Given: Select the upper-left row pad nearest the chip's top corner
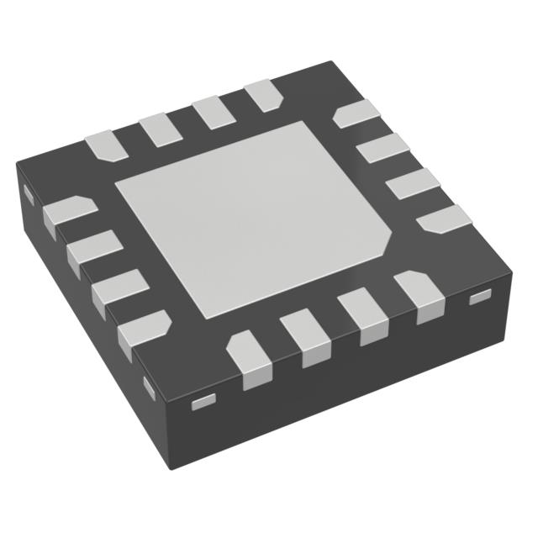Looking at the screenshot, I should [263, 95].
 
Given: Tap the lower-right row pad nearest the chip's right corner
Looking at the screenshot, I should [420, 297].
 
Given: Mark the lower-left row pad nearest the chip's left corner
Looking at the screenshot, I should [67, 211].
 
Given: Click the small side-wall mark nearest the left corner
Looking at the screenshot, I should [26, 195].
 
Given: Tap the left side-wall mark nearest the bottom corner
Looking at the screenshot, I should [150, 388].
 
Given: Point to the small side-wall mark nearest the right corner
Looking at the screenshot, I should [479, 297].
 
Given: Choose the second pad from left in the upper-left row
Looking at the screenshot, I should [157, 128].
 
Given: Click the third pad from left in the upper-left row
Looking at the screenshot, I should [210, 112].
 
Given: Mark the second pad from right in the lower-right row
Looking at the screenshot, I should [362, 314].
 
